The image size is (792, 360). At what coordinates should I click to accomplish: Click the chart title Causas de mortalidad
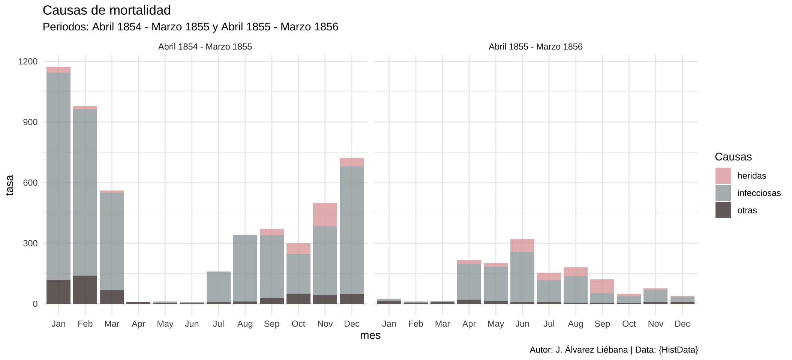pyautogui.click(x=107, y=10)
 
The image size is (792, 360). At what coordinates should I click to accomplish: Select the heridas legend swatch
pyautogui.click(x=723, y=175)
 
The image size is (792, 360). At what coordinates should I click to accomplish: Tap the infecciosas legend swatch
pyautogui.click(x=723, y=193)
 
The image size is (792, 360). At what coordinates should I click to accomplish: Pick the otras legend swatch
pyautogui.click(x=723, y=210)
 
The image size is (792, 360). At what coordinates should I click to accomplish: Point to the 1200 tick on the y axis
pyautogui.click(x=28, y=61)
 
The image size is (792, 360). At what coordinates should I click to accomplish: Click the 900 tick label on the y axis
pyautogui.click(x=30, y=122)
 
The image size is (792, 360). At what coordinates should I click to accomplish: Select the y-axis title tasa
pyautogui.click(x=10, y=185)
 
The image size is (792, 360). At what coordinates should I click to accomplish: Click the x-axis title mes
pyautogui.click(x=370, y=335)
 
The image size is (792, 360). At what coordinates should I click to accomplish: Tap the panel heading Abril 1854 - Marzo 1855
pyautogui.click(x=205, y=47)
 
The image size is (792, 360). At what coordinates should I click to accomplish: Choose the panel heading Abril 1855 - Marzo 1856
pyautogui.click(x=535, y=47)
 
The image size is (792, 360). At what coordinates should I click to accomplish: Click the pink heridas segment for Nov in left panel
pyautogui.click(x=325, y=214)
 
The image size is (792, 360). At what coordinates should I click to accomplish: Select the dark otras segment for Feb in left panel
pyautogui.click(x=85, y=289)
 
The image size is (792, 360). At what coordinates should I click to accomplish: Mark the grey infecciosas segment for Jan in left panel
pyautogui.click(x=58, y=176)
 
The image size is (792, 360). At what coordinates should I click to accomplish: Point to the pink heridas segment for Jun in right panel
pyautogui.click(x=522, y=245)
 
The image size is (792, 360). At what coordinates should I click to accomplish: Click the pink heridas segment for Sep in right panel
pyautogui.click(x=602, y=286)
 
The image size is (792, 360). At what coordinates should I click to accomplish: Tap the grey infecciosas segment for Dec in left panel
pyautogui.click(x=352, y=230)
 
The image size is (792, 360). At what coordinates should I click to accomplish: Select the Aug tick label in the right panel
pyautogui.click(x=576, y=324)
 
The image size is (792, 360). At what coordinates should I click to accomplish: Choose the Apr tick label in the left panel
pyautogui.click(x=138, y=324)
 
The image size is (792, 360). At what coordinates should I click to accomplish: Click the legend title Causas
pyautogui.click(x=733, y=157)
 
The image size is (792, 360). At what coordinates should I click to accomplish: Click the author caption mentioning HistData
pyautogui.click(x=613, y=350)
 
